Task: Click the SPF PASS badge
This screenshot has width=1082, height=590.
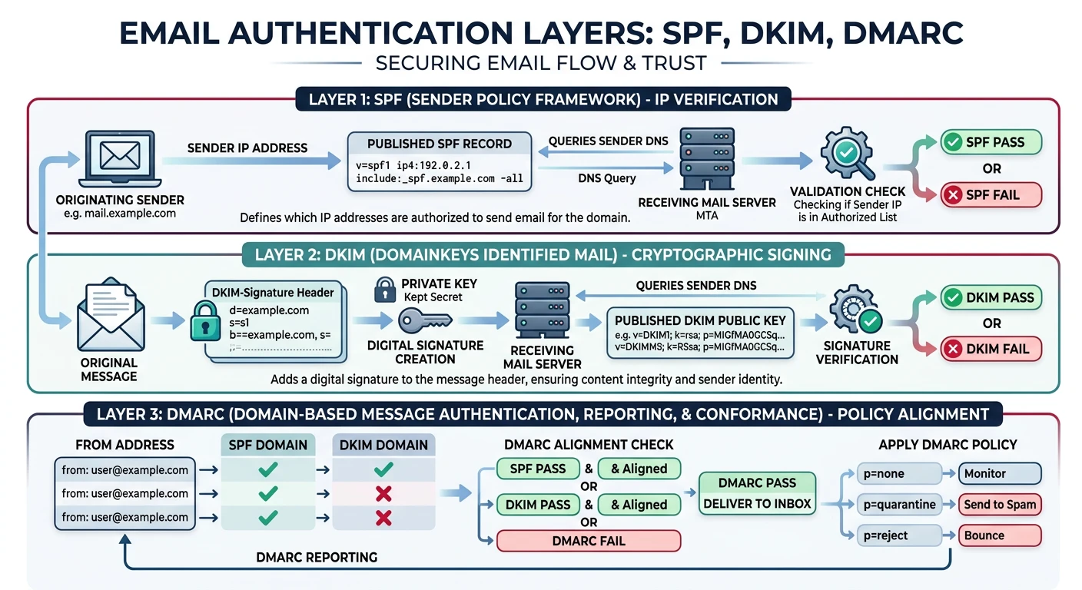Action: click(x=991, y=142)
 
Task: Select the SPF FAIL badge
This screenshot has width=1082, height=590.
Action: click(x=991, y=195)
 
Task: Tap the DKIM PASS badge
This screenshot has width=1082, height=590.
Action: click(x=991, y=298)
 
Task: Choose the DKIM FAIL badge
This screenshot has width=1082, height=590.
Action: click(x=991, y=349)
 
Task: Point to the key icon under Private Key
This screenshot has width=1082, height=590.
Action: click(x=427, y=320)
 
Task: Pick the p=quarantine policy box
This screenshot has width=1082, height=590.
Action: click(x=899, y=505)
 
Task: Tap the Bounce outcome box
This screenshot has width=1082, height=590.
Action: click(x=999, y=535)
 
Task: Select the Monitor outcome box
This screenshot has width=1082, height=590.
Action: click(x=999, y=473)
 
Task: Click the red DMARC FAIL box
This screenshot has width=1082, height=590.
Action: click(x=589, y=541)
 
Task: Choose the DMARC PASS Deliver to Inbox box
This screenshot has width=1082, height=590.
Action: click(x=757, y=493)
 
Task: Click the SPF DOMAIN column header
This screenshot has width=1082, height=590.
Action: click(x=268, y=445)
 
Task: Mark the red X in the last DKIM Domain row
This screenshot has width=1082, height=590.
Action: click(x=383, y=518)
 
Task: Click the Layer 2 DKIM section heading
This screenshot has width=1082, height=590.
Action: click(x=543, y=255)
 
